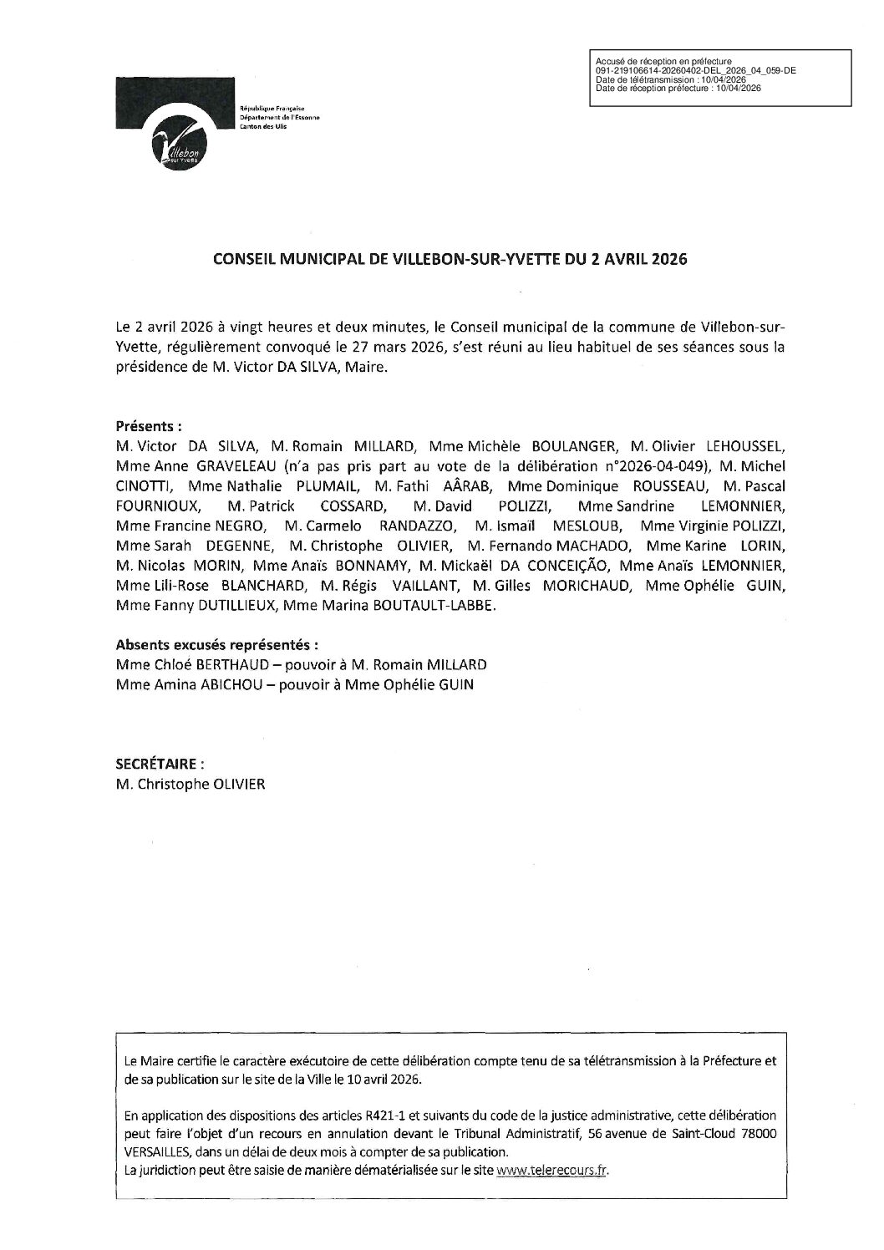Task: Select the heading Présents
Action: pyautogui.click(x=150, y=425)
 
